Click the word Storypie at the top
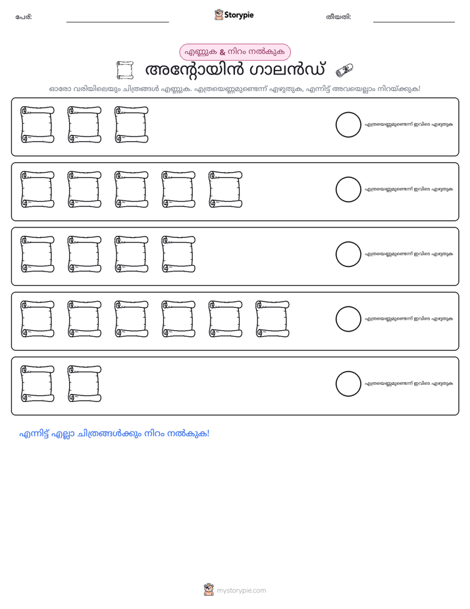[239, 15]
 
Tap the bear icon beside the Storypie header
[219, 14]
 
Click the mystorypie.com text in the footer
[241, 591]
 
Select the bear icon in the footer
[209, 590]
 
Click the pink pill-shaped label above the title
[235, 52]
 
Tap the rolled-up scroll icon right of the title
[344, 71]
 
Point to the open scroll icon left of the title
[125, 71]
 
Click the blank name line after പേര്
[117, 22]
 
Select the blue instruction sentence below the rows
[115, 434]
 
